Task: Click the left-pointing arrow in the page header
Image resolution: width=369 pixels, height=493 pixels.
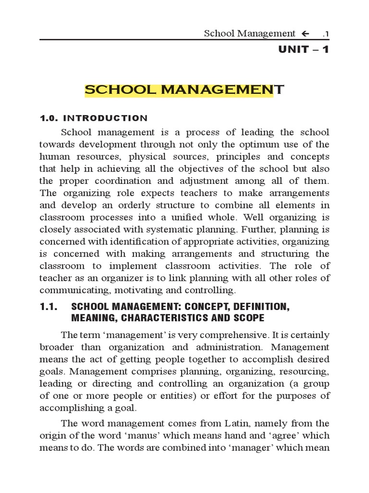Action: pos(305,33)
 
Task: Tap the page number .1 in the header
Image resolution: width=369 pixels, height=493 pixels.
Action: pos(325,34)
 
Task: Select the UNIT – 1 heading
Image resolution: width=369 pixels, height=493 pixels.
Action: pos(303,50)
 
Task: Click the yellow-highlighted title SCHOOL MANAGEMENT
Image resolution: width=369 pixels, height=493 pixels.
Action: pos(184,90)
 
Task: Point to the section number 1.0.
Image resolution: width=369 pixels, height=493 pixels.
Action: pos(48,118)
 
